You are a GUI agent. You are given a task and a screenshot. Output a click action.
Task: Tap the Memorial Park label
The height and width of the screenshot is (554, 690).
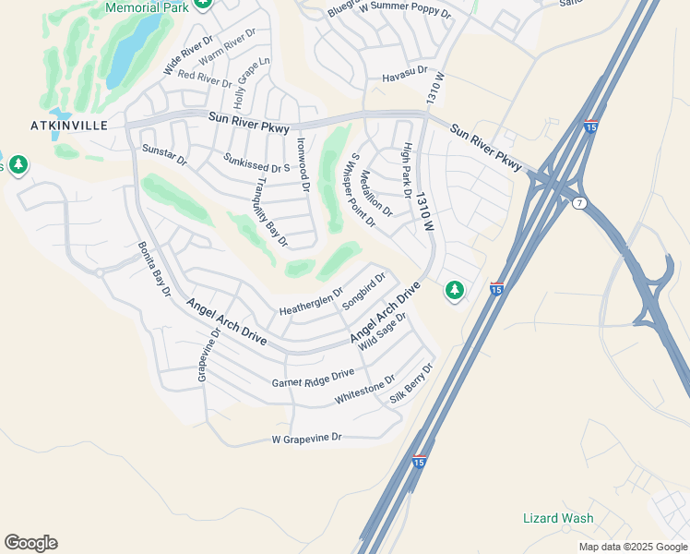(x=147, y=7)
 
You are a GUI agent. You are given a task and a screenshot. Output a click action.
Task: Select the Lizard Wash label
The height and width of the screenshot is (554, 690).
(x=558, y=518)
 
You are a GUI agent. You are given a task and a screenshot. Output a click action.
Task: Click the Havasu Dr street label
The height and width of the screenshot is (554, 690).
(x=406, y=70)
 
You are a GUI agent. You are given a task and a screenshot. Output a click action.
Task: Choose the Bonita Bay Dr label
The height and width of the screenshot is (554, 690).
(x=155, y=269)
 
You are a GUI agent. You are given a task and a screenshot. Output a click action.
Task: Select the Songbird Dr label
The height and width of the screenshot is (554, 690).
(x=363, y=292)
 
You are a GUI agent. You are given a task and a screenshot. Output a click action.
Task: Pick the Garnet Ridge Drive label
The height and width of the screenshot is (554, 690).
(x=313, y=378)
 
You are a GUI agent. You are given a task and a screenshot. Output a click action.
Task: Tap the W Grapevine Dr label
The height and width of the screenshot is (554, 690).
(x=307, y=437)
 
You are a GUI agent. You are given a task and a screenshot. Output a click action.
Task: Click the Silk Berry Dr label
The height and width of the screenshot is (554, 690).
(x=411, y=384)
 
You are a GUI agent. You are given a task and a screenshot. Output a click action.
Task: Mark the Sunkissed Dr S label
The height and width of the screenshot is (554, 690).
(x=256, y=163)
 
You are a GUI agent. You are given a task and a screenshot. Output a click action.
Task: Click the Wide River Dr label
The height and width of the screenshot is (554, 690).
(x=187, y=56)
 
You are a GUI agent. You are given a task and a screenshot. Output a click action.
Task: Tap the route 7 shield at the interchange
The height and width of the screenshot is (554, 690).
(x=578, y=203)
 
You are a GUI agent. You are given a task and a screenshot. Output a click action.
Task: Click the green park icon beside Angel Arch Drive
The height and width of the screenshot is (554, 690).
(x=454, y=291)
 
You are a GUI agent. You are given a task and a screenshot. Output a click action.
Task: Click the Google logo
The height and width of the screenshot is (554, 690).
(x=30, y=543)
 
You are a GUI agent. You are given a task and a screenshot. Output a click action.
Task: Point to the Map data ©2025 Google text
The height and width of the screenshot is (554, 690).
(x=632, y=547)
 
